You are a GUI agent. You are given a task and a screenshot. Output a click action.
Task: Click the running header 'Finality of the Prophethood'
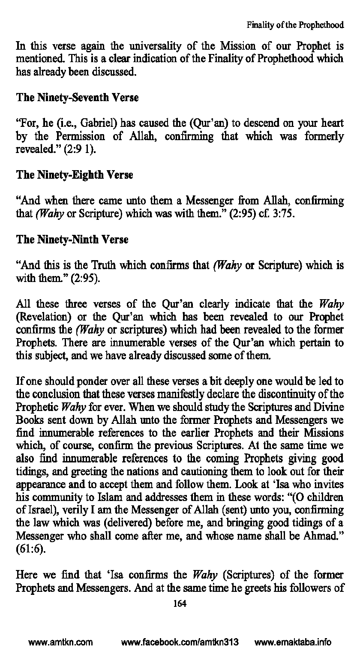click(x=295, y=25)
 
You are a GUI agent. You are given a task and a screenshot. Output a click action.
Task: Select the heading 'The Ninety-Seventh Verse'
click(x=77, y=98)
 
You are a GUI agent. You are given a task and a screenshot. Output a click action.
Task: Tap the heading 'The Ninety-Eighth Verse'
click(x=75, y=175)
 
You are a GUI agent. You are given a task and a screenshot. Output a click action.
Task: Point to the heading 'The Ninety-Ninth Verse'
click(x=72, y=240)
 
